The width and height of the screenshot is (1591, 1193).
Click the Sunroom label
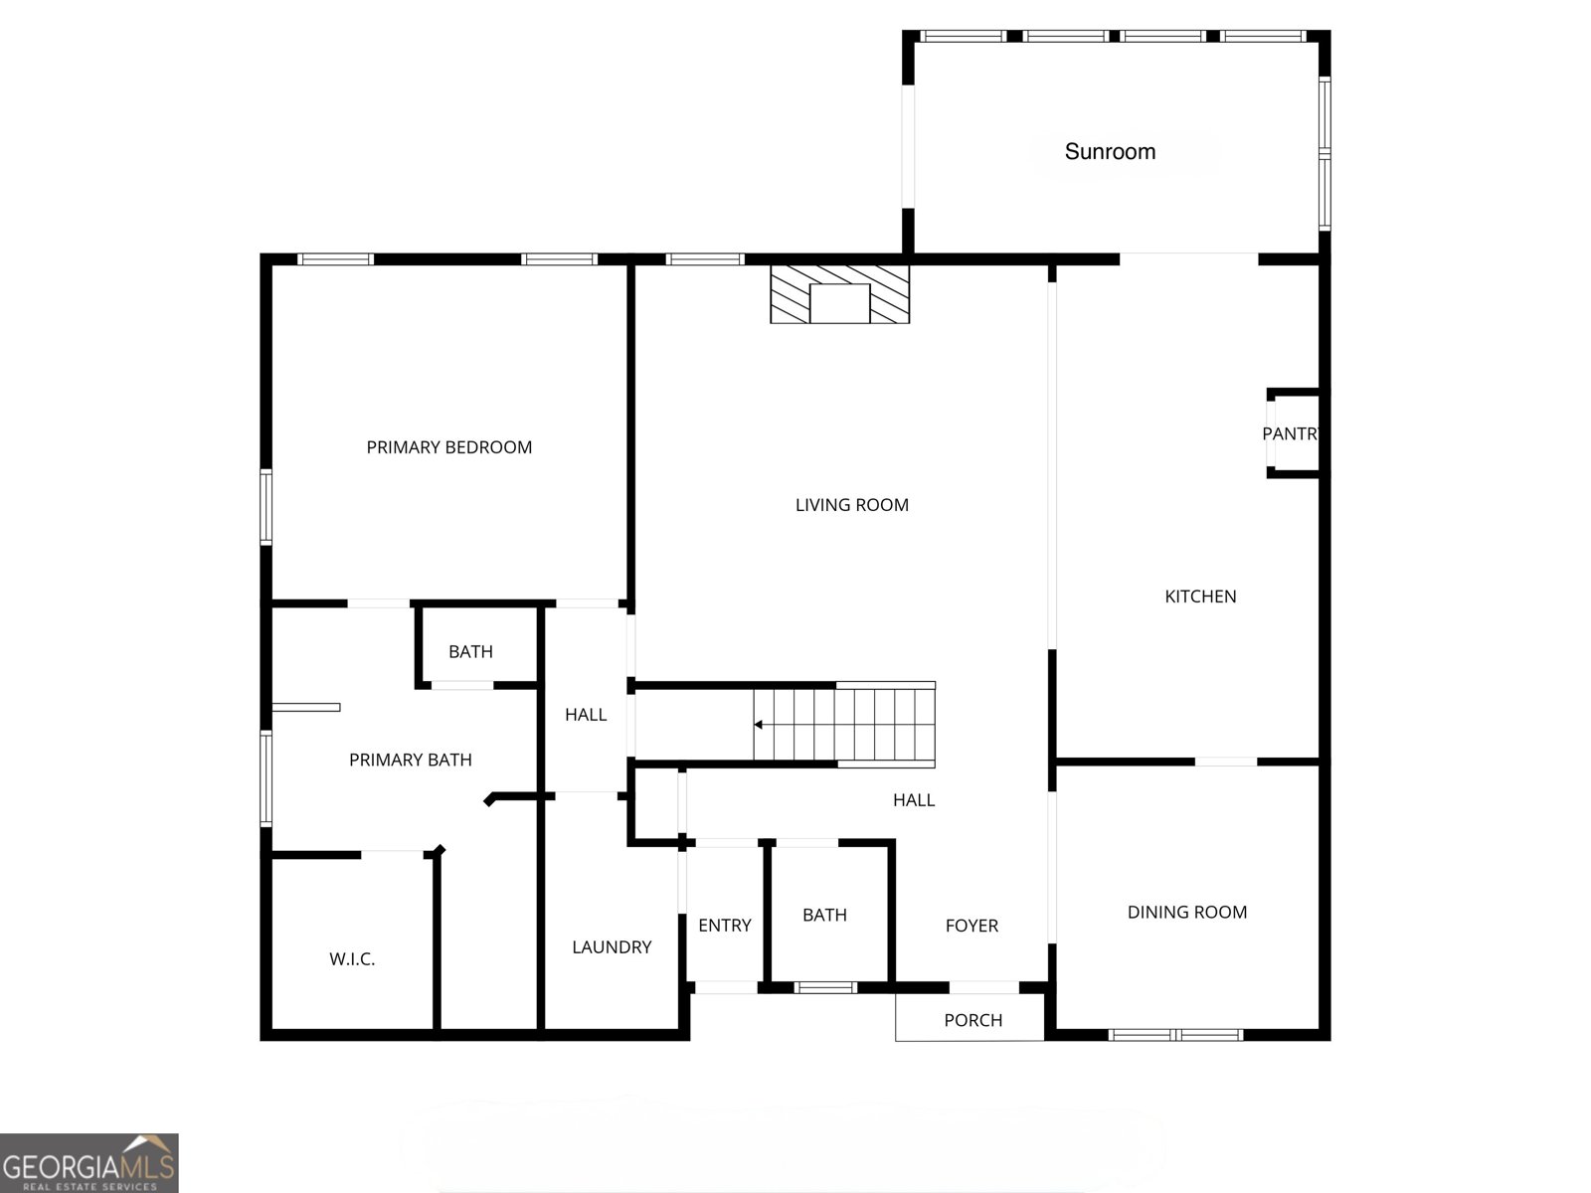click(x=1110, y=151)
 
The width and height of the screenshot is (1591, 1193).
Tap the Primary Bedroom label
click(x=448, y=447)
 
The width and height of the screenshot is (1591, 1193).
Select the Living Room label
click(x=851, y=505)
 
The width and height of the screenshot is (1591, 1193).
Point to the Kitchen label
click(x=1200, y=596)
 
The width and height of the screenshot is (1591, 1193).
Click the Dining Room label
click(x=1187, y=912)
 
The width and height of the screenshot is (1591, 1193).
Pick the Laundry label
click(x=612, y=946)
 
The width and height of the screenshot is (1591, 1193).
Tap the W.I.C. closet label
click(x=352, y=959)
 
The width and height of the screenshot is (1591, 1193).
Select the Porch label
click(x=972, y=1020)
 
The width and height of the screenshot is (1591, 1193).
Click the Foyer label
click(x=972, y=925)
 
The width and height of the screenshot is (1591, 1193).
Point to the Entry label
click(x=725, y=925)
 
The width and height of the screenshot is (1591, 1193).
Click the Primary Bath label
click(x=411, y=760)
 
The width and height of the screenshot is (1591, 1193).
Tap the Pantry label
click(x=1290, y=433)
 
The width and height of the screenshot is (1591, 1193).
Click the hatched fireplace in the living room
click(x=839, y=294)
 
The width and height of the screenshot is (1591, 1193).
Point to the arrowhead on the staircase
click(x=758, y=725)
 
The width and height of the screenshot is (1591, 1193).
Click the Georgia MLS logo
click(x=89, y=1162)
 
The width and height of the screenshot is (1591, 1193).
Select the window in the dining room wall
click(x=1175, y=1035)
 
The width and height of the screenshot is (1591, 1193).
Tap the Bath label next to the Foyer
click(x=825, y=915)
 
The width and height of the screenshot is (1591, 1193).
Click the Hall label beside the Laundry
click(x=586, y=715)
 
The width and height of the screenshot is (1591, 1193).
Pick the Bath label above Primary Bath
click(x=470, y=652)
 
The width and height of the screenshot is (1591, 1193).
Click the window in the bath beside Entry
click(x=825, y=987)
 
